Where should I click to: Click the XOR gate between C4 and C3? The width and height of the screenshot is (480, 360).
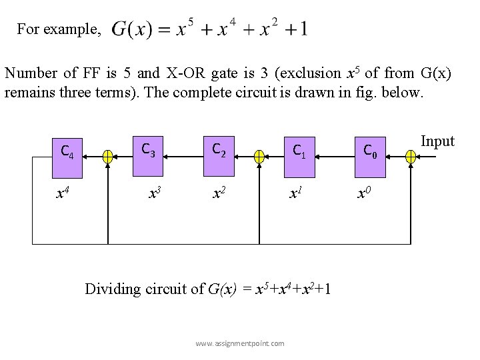point(107,157)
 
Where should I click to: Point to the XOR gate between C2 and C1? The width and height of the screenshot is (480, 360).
point(259,157)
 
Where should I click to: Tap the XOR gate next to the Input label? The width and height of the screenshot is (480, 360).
point(411,157)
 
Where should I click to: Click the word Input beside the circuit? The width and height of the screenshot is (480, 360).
point(438,141)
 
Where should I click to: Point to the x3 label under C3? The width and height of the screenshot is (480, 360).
point(155,193)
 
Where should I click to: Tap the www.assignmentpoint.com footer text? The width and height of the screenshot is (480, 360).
point(239,343)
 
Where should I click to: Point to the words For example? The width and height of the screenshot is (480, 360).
point(59,29)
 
